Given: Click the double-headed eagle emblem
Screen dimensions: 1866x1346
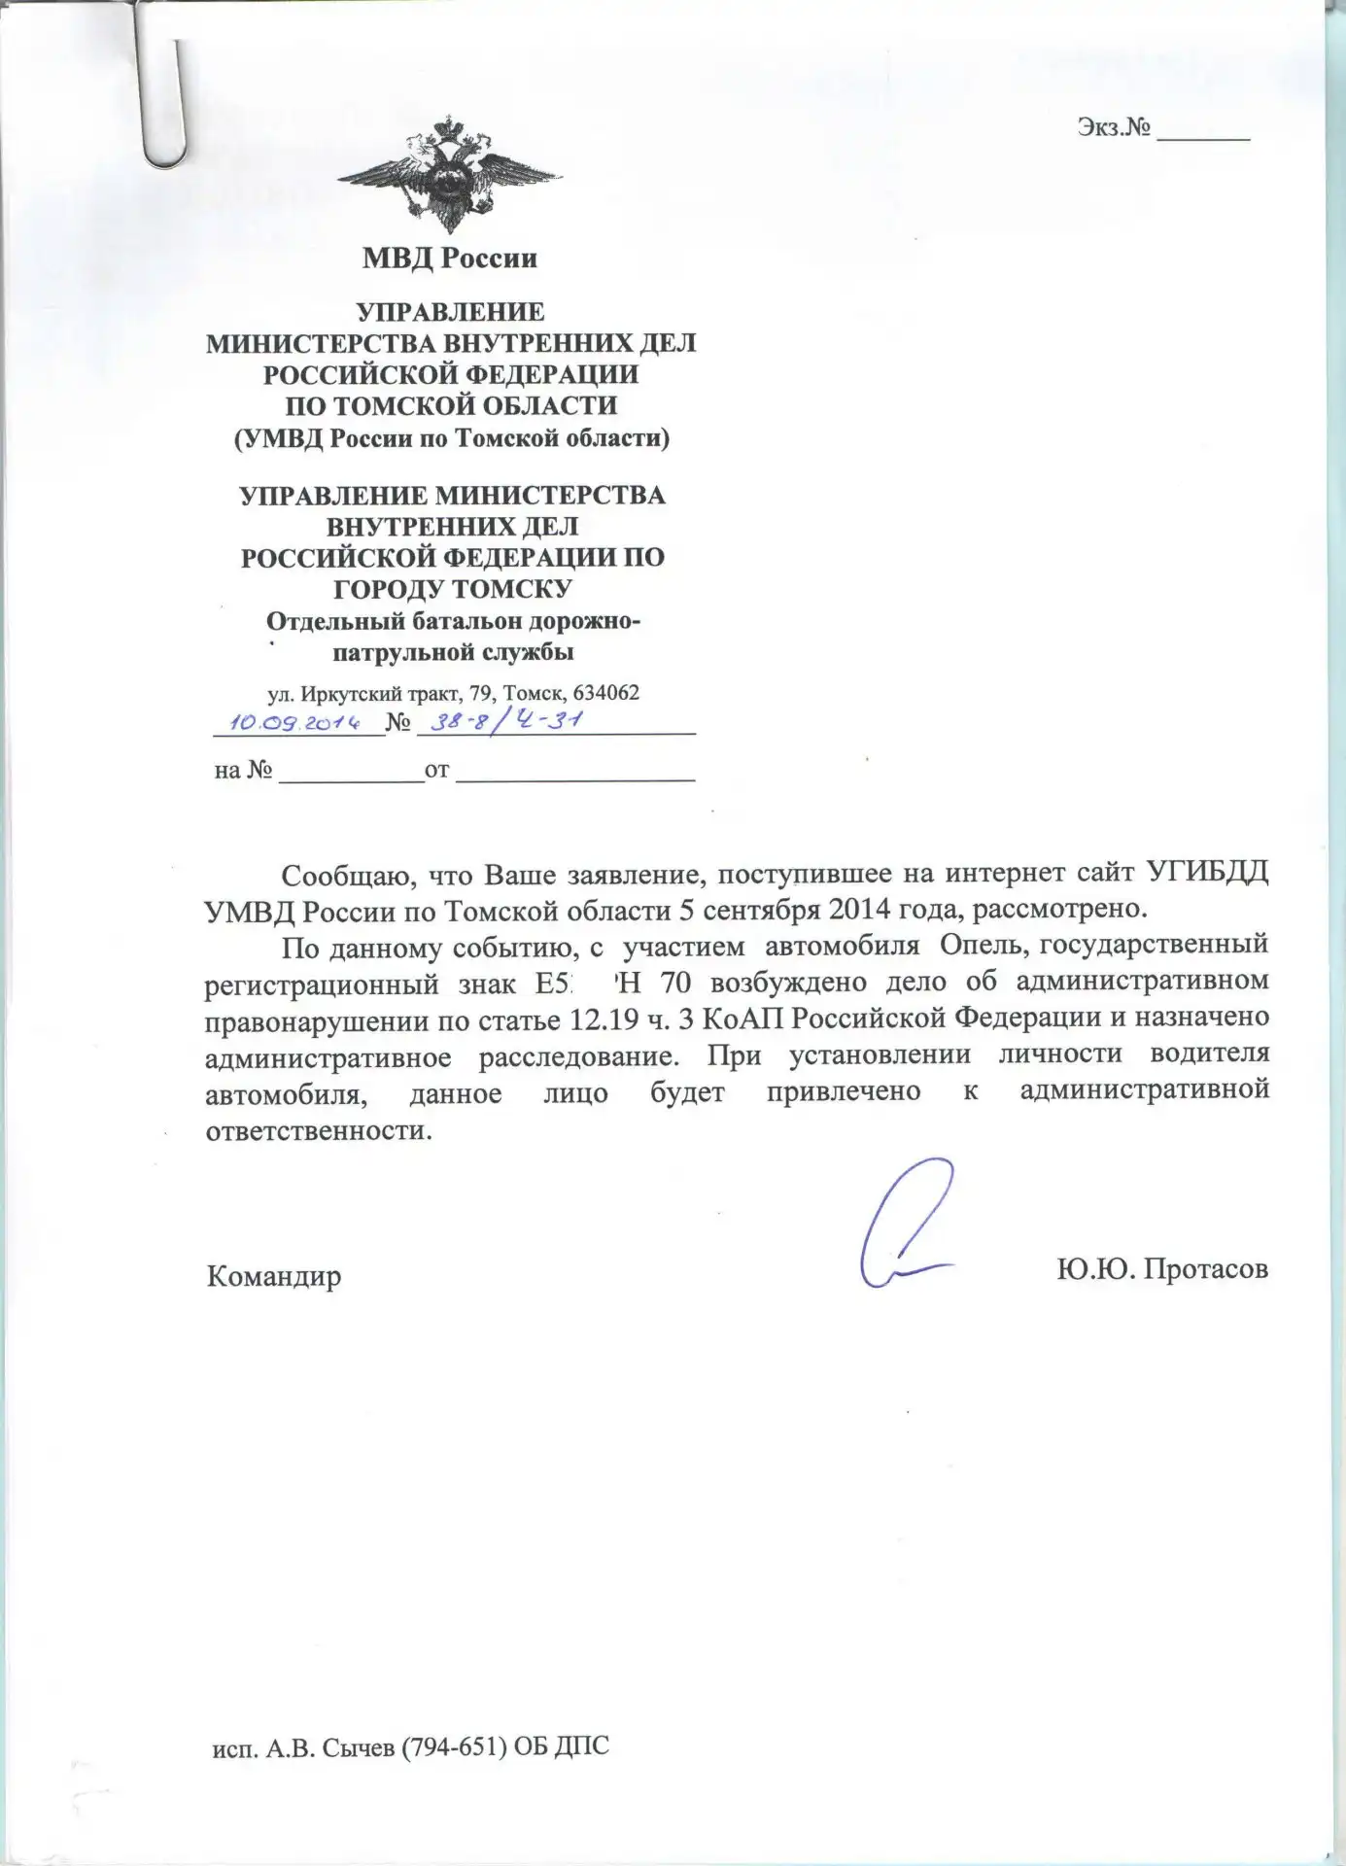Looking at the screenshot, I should pos(450,176).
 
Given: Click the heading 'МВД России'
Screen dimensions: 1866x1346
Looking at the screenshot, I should pos(450,258).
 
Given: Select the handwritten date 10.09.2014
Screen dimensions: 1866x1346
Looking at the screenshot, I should pos(293,722).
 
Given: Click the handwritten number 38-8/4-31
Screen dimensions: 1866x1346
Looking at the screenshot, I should pos(511,721).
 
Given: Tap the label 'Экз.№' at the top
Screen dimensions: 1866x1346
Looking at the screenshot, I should pos(1114,127).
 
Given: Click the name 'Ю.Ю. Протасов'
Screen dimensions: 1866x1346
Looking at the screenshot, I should pos(1162,1268).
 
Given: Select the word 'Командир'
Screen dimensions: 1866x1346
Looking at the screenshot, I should pos(274,1275).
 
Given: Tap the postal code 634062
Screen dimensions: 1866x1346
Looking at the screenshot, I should pos(606,693).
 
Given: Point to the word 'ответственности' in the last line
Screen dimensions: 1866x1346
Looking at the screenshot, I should pos(317,1131).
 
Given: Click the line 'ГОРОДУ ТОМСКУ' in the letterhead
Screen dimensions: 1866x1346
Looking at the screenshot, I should pos(453,589).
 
